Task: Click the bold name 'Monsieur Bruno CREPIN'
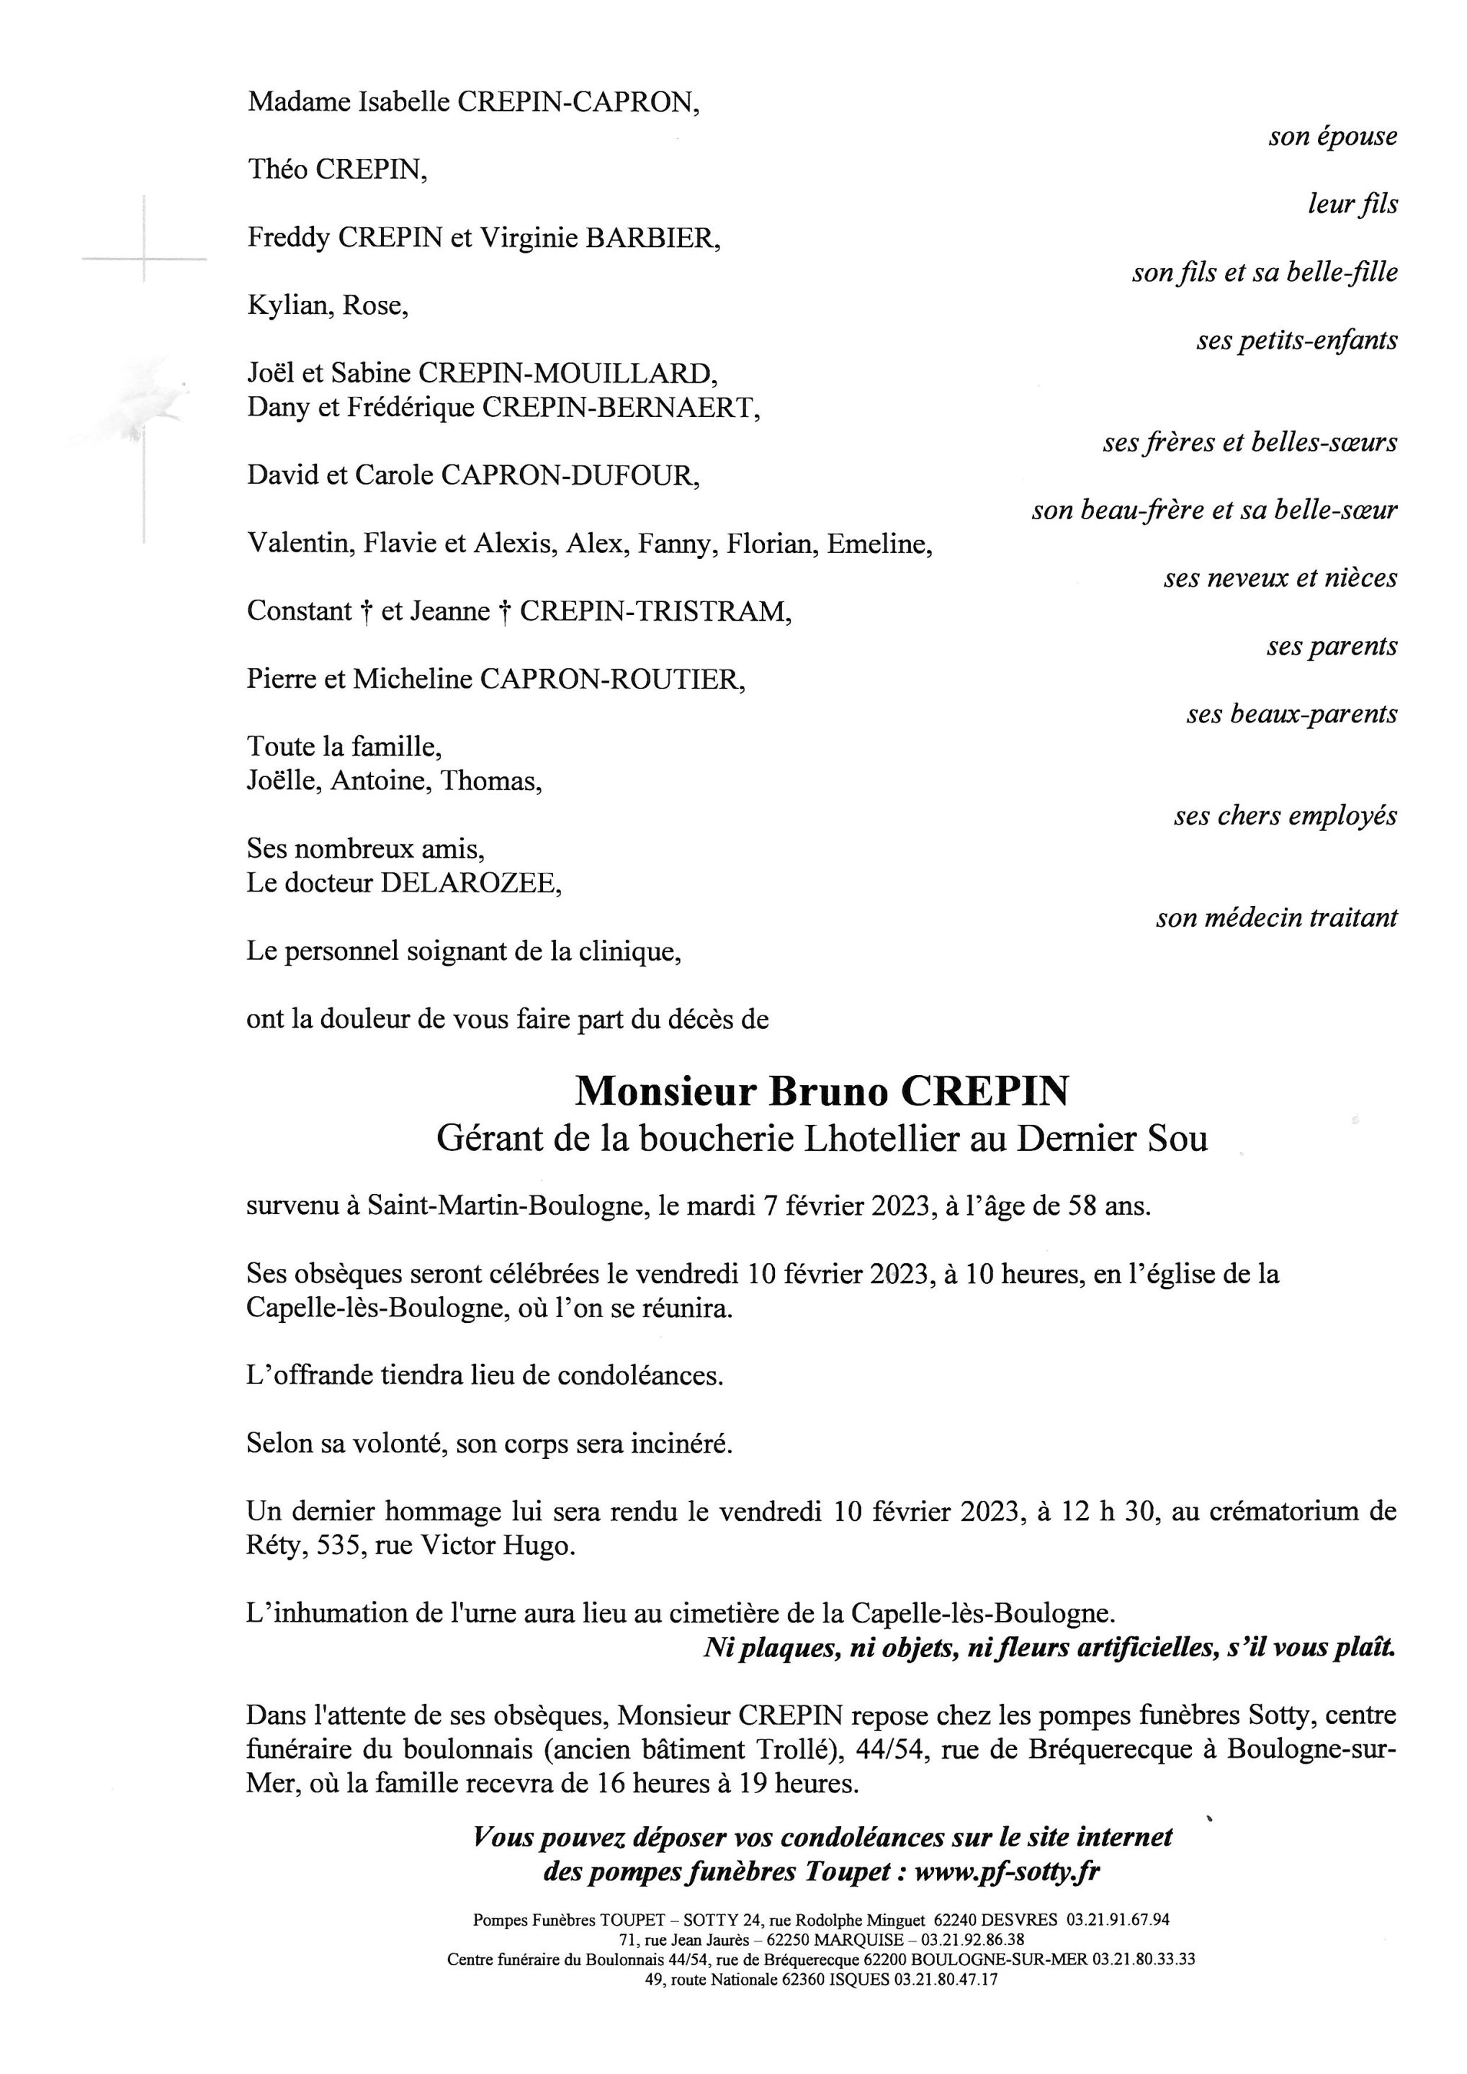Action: point(821,1091)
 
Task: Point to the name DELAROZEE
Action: point(468,884)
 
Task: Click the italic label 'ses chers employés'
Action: point(1285,816)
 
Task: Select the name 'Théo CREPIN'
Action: point(337,170)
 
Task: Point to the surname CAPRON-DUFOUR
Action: point(568,476)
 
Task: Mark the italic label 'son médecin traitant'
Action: point(1275,917)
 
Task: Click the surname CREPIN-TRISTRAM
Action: point(655,611)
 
